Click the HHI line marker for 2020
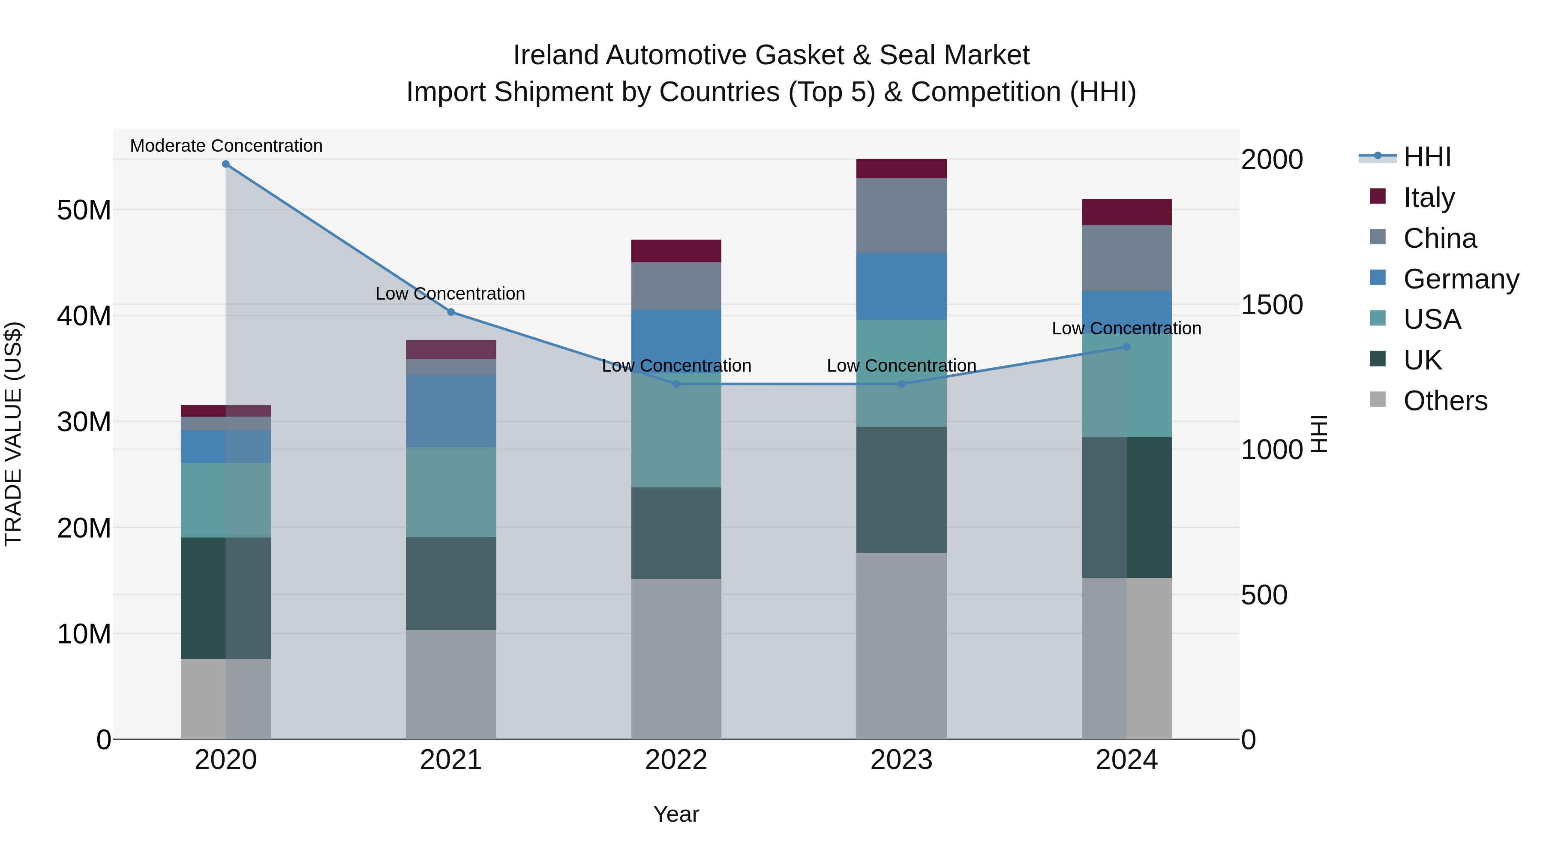coord(226,164)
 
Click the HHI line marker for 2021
coord(451,312)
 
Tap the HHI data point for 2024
coord(1127,347)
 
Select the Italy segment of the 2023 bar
coord(901,169)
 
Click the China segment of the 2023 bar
coord(901,216)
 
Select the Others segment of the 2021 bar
coord(451,684)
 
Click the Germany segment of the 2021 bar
coord(451,411)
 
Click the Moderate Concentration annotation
coord(226,146)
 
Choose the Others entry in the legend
coord(1445,401)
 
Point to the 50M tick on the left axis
coord(84,210)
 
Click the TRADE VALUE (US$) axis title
coord(13,434)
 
